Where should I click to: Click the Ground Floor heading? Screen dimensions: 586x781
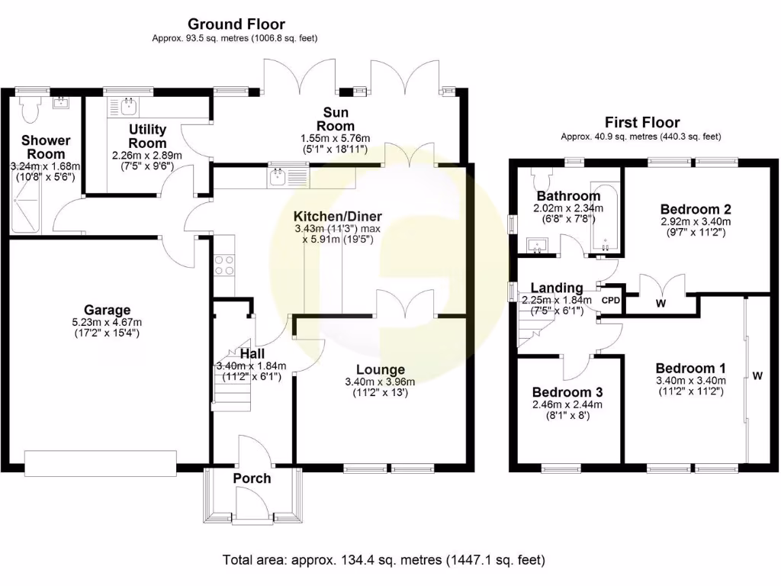[x=236, y=24]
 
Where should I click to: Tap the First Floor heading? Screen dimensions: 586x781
[x=641, y=122]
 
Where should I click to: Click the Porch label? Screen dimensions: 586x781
[x=252, y=478]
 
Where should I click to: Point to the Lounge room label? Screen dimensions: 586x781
[x=380, y=369]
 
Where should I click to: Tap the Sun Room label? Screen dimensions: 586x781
[x=336, y=120]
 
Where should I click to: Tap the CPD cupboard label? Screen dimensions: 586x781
[x=611, y=300]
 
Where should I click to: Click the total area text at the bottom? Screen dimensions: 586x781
[x=384, y=560]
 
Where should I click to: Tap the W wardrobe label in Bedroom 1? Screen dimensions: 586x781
[x=757, y=376]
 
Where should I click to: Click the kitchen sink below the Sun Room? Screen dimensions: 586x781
[x=279, y=177]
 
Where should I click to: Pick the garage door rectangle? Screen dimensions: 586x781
[x=101, y=462]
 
